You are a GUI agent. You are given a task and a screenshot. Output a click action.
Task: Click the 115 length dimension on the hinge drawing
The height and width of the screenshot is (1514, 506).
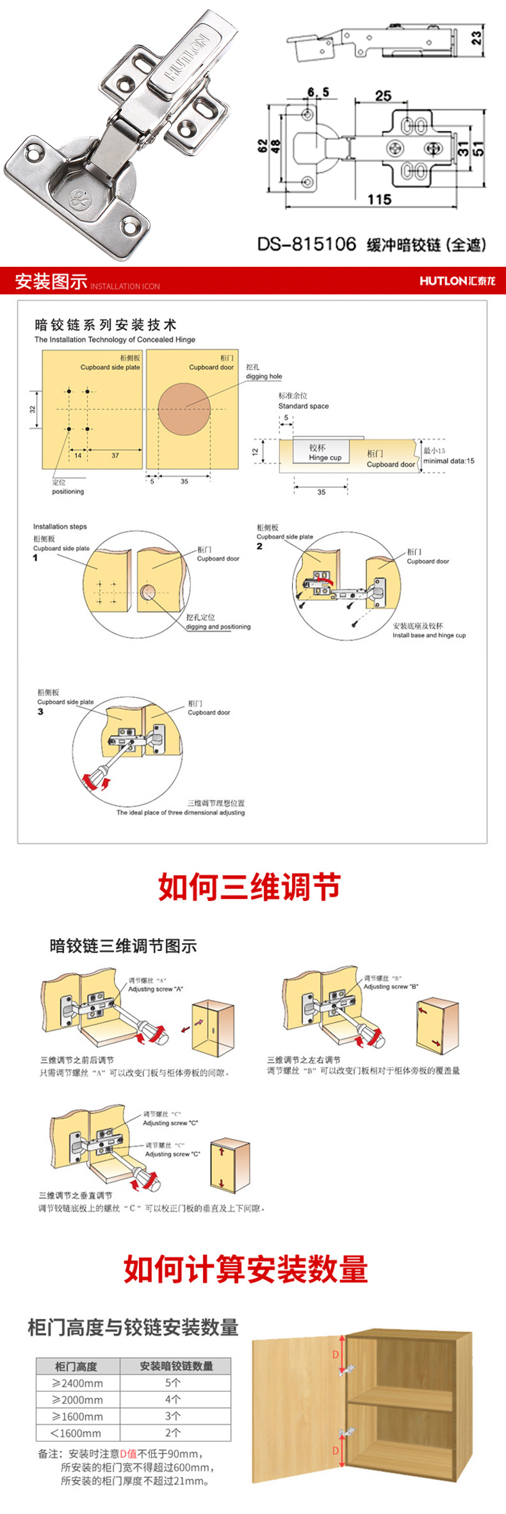pos(379,199)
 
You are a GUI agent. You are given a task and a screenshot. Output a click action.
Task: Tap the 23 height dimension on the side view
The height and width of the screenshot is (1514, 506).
pos(476,38)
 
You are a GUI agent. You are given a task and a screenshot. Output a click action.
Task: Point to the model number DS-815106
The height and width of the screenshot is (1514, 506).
pos(306,244)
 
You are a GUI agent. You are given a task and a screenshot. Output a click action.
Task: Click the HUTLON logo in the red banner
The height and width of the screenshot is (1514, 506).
pos(457,281)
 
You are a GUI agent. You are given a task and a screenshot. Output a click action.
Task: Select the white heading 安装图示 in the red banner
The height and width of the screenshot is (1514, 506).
pos(51,281)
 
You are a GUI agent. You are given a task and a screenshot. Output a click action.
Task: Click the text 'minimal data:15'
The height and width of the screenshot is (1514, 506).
pos(448,460)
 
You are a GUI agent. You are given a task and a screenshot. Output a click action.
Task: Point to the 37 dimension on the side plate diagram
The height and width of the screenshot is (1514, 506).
pos(115,455)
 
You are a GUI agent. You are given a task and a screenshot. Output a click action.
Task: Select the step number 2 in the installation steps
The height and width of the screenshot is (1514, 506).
pos(259,546)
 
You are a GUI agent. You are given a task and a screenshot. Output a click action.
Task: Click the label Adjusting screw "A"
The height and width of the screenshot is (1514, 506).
pos(155,989)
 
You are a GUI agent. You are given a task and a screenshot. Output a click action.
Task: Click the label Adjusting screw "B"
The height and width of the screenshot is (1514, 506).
pos(391,986)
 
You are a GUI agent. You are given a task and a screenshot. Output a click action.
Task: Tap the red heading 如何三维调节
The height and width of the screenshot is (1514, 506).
pos(249,888)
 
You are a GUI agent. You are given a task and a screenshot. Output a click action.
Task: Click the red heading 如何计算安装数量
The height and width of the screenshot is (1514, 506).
pos(246,1270)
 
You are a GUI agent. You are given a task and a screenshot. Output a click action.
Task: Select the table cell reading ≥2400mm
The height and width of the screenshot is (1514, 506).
pos(78,1383)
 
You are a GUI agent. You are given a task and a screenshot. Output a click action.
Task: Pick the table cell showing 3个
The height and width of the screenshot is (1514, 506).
pos(173,1416)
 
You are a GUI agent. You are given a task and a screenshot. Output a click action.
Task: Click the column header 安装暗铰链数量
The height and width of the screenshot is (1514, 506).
pos(176,1366)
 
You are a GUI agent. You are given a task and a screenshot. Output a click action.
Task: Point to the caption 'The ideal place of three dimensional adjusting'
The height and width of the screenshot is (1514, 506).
pos(181,812)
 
